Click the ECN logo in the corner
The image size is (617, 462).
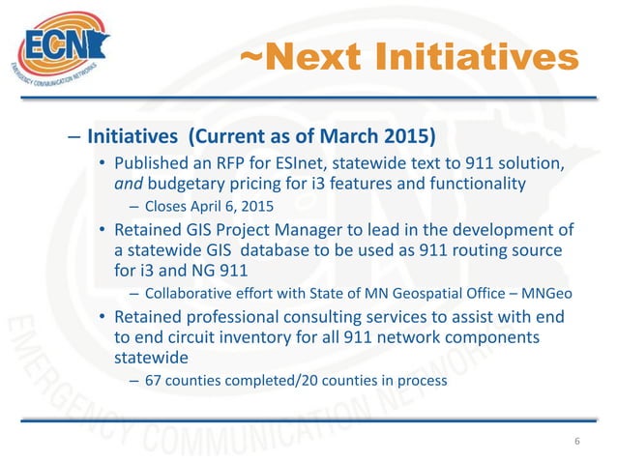[x=60, y=48]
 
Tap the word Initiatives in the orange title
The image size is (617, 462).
[x=479, y=60]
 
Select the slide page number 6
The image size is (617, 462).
[x=577, y=442]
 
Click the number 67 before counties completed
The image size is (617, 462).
[x=153, y=380]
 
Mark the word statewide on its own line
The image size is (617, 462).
[x=152, y=358]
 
